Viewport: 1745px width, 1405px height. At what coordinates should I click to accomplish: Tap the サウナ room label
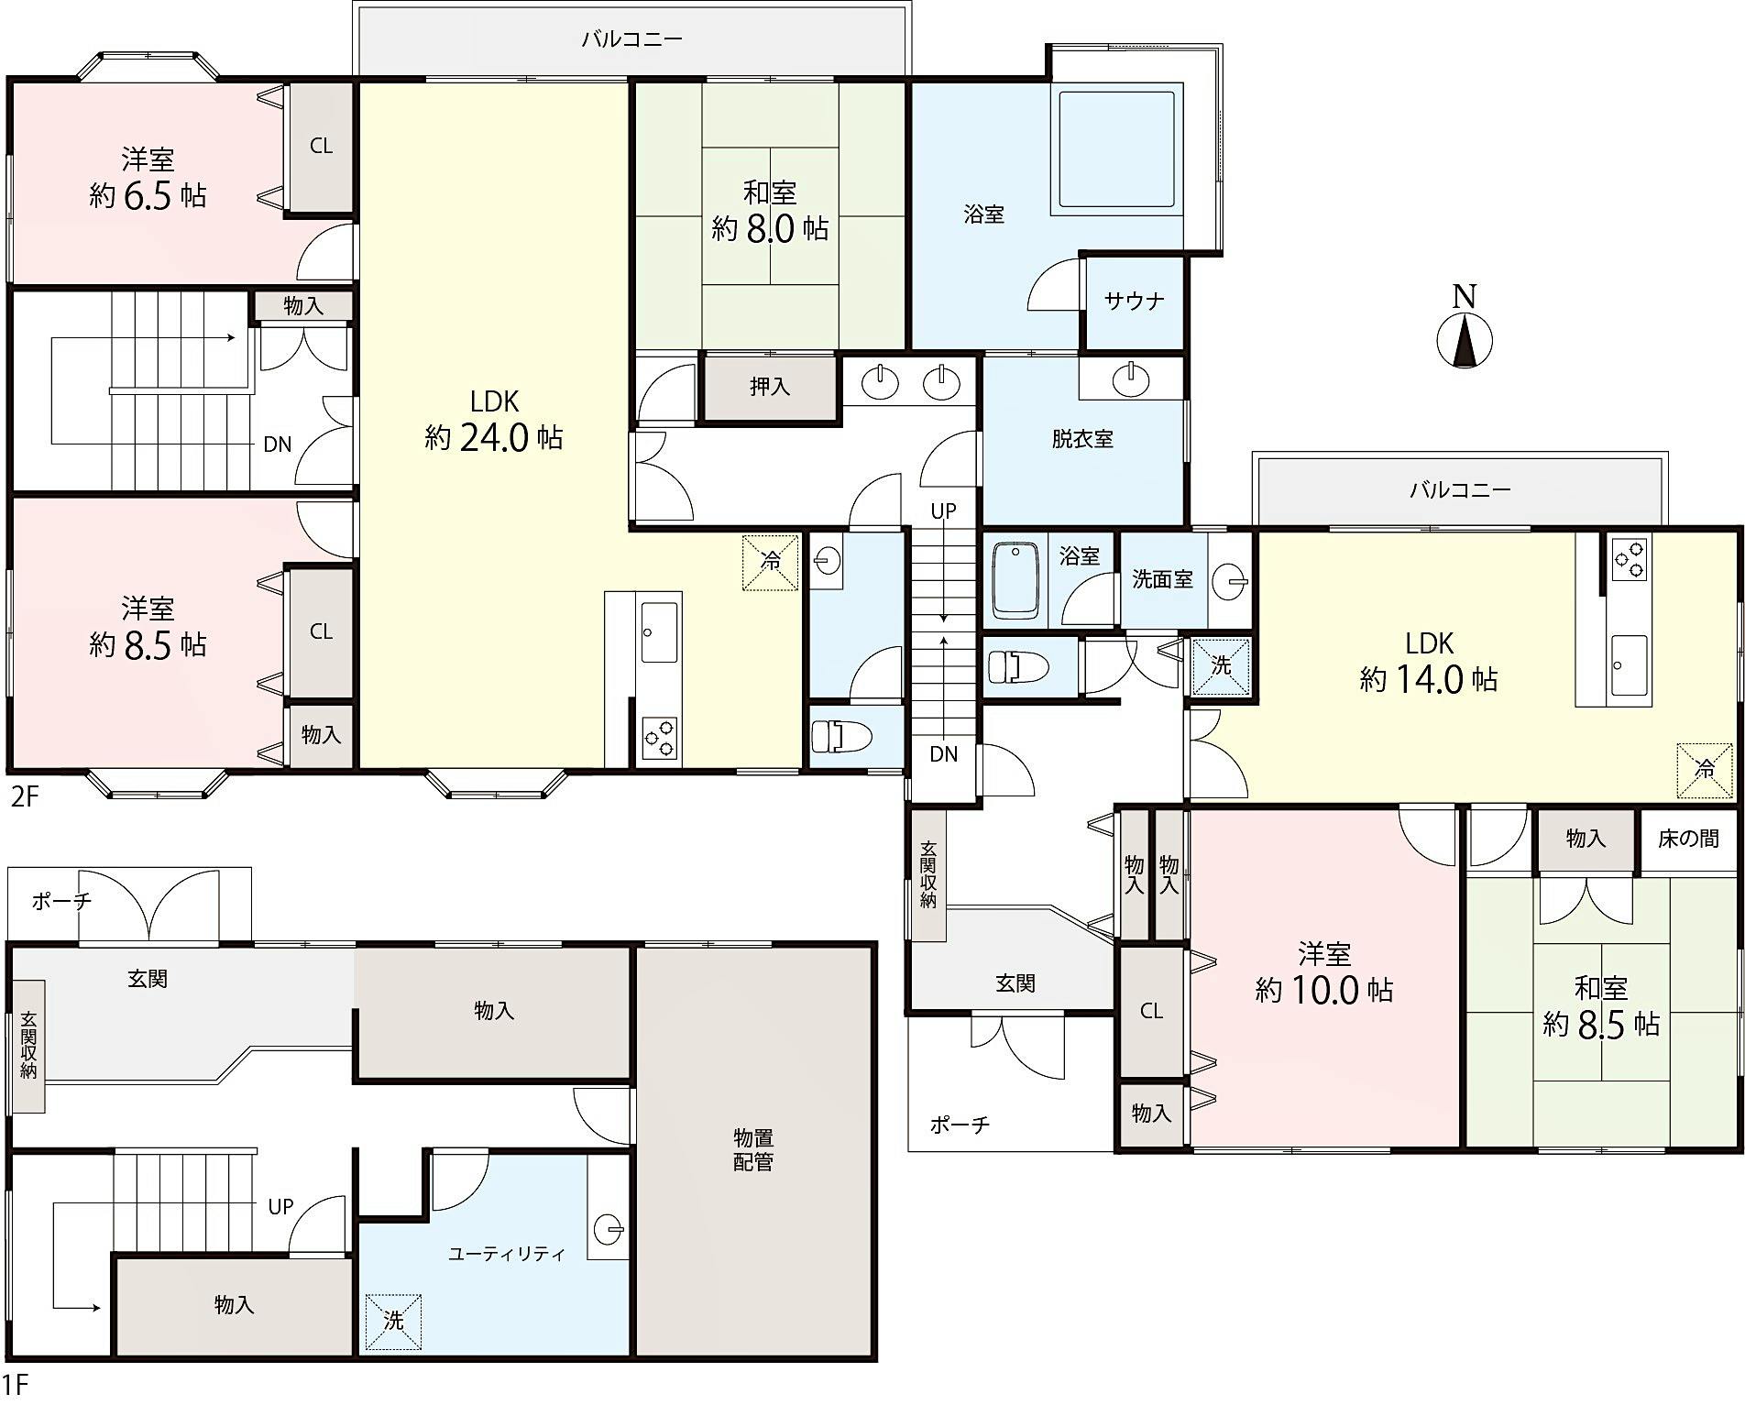tap(1135, 301)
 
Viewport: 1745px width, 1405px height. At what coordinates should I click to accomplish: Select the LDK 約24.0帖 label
tap(494, 420)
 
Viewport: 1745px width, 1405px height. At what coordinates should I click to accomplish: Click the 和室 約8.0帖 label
tap(770, 211)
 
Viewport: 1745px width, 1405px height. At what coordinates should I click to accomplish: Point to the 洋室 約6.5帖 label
tap(148, 178)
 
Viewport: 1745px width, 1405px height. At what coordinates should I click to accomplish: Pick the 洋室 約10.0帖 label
tap(1324, 972)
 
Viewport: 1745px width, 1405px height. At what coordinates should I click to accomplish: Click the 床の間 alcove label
tap(1687, 839)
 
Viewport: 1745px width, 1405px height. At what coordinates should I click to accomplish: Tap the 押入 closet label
tap(770, 387)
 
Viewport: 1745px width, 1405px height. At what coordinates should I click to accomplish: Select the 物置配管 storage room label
tap(753, 1150)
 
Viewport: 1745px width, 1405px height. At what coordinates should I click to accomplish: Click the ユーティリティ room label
tap(507, 1254)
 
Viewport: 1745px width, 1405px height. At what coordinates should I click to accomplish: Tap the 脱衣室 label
tap(1082, 439)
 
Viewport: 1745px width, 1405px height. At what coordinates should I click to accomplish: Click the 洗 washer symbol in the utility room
tap(393, 1321)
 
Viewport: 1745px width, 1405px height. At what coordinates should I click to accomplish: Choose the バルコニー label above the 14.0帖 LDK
tap(1460, 489)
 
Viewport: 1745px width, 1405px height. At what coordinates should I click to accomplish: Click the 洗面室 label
tap(1162, 579)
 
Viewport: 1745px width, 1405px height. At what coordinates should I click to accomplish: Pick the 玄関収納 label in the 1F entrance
tap(28, 1046)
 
